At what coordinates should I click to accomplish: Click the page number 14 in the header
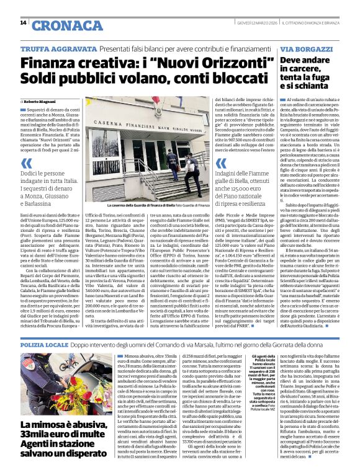(23, 22)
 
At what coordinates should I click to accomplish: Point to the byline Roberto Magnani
(40, 100)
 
